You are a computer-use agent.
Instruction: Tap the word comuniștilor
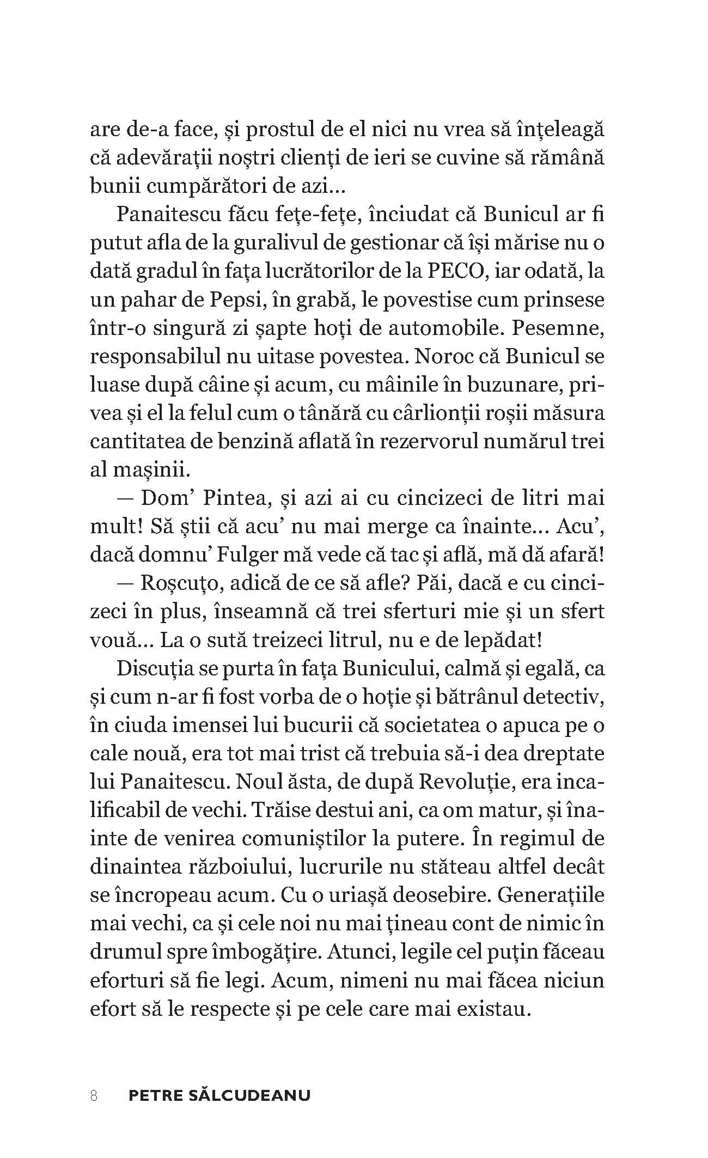304,839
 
